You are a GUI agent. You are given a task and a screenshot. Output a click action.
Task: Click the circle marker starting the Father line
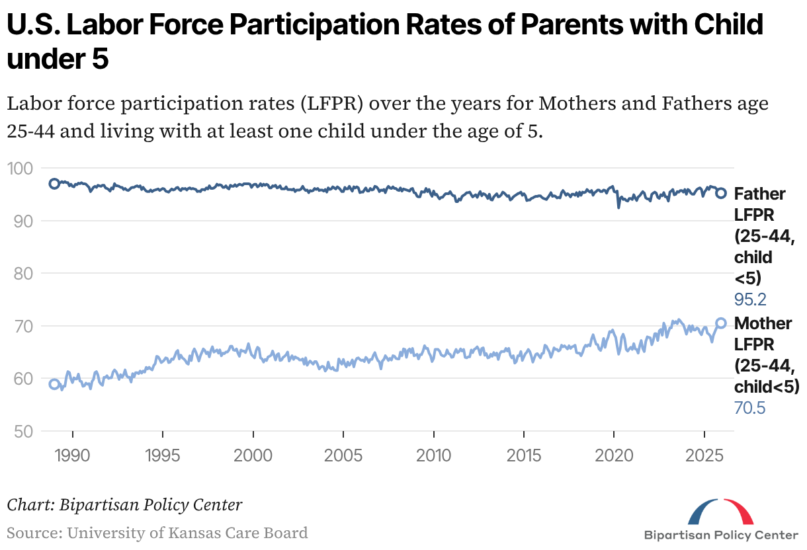pyautogui.click(x=55, y=183)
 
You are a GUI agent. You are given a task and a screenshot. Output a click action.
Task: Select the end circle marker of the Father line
pyautogui.click(x=722, y=193)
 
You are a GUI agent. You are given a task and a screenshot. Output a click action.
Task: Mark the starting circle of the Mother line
pyautogui.click(x=55, y=384)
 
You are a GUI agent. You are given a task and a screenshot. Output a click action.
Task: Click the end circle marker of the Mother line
pyautogui.click(x=722, y=323)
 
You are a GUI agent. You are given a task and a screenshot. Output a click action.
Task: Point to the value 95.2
pyautogui.click(x=750, y=299)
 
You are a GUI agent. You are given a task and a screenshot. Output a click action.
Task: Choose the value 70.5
pyautogui.click(x=750, y=408)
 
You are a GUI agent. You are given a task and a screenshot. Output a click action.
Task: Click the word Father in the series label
pyautogui.click(x=760, y=194)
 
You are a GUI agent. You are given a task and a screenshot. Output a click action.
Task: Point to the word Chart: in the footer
pyautogui.click(x=30, y=505)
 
